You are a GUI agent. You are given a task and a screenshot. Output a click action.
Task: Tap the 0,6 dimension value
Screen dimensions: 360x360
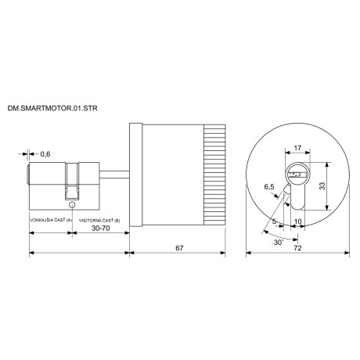point(45,155)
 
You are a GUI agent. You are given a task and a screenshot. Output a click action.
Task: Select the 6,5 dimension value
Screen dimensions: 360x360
point(270,188)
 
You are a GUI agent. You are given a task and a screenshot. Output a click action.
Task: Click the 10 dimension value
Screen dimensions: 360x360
point(299,221)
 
